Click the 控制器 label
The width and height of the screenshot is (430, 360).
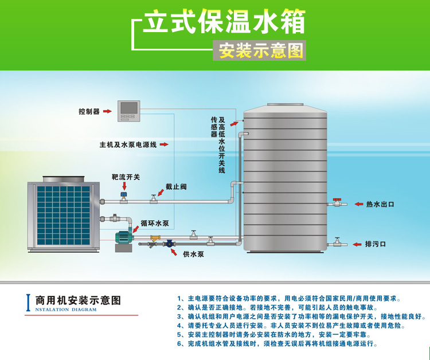(x=89, y=112)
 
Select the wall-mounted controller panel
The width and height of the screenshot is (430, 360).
(x=129, y=110)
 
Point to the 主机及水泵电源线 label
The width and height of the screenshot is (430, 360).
(x=128, y=145)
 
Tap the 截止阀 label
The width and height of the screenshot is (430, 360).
(x=176, y=187)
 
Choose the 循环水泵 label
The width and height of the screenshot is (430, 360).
(x=155, y=223)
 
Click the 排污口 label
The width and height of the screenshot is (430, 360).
(x=376, y=244)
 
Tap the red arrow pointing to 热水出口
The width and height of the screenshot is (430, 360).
(x=356, y=204)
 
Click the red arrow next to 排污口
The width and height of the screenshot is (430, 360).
(x=356, y=244)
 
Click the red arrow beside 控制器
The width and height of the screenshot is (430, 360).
(x=107, y=112)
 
